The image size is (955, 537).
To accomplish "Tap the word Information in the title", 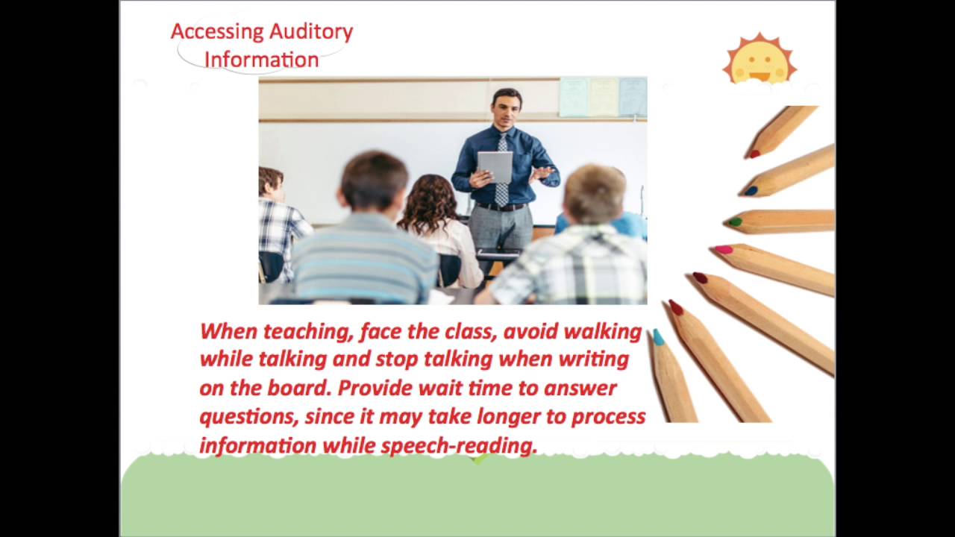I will click(261, 60).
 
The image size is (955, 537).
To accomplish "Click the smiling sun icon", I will click(760, 60).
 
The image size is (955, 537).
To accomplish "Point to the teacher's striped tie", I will click(501, 172).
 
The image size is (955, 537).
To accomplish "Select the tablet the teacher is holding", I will click(495, 166).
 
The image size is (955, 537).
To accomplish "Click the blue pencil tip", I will click(751, 191).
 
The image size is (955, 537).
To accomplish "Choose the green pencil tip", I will click(735, 222).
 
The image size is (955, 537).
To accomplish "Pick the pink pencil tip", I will click(723, 250).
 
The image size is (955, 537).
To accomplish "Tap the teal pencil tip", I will click(658, 338).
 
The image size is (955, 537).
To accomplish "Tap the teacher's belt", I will click(500, 207).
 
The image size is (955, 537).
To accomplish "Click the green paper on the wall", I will click(574, 97).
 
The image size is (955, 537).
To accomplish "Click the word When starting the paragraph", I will click(228, 331).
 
